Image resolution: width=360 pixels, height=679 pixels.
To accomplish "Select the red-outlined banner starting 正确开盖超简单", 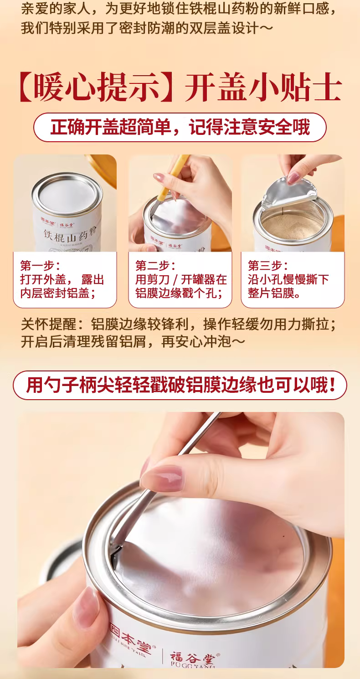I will coord(180,128).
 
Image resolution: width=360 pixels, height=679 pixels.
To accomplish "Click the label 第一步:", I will coord(40,266).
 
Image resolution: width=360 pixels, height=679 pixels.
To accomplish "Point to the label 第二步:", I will coord(155,266).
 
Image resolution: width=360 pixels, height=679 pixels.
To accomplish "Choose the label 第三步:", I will coord(268,266).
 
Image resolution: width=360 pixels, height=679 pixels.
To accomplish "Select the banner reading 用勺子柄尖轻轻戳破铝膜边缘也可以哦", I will coord(180,385).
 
